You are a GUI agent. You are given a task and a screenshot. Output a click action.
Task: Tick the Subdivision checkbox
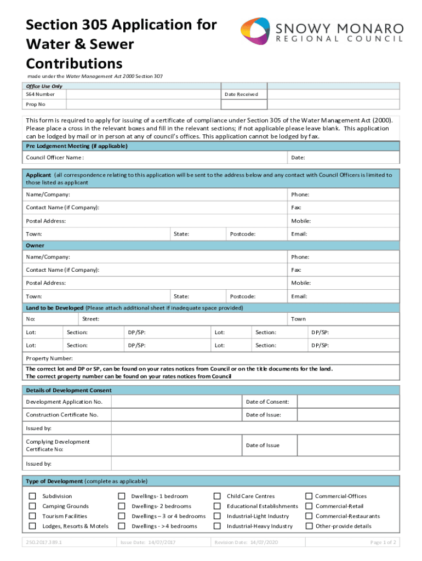[x=32, y=496]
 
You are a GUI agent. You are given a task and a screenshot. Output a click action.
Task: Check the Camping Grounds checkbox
[x=32, y=506]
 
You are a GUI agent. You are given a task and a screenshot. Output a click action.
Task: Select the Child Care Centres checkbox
[x=217, y=496]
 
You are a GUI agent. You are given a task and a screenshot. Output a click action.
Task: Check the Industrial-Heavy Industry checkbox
[x=217, y=526]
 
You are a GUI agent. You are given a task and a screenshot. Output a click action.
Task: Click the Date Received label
[x=241, y=94]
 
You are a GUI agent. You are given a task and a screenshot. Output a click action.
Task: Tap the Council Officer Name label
[x=55, y=158]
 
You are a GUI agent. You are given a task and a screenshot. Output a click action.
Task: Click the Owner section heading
[x=35, y=245]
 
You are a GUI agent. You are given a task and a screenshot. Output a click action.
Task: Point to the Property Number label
[x=49, y=358]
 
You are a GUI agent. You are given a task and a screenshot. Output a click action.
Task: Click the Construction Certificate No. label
[x=62, y=415]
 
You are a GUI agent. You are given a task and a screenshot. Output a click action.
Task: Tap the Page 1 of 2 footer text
[x=383, y=542]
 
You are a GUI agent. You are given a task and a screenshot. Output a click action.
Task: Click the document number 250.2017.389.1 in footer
[x=44, y=542]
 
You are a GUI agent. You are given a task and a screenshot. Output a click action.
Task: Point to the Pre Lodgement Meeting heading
[x=77, y=146]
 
